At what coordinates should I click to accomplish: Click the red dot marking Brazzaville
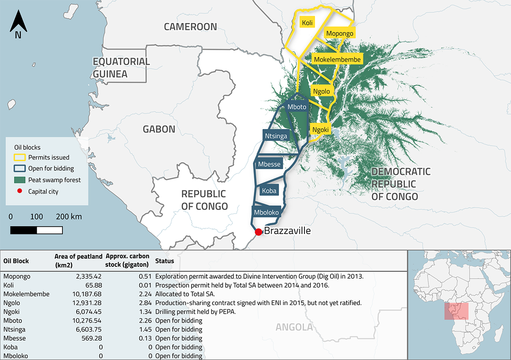pyautogui.click(x=258, y=232)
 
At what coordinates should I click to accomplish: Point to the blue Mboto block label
pyautogui.click(x=296, y=107)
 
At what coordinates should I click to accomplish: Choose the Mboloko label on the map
pyautogui.click(x=266, y=212)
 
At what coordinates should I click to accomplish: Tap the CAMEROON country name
pyautogui.click(x=190, y=27)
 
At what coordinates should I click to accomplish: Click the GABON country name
pyautogui.click(x=159, y=129)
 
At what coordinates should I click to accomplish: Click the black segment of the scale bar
pyautogui.click(x=23, y=230)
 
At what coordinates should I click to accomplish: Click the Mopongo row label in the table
pyautogui.click(x=17, y=276)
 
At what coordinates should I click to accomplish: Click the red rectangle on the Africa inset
pyautogui.click(x=456, y=311)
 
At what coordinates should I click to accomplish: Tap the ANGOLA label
pyautogui.click(x=294, y=327)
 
